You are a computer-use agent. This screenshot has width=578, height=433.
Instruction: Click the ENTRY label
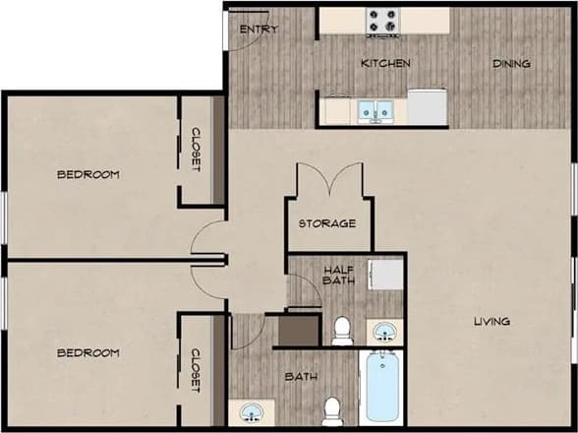coord(259,30)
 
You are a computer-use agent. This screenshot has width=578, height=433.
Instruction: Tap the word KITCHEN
coord(385,64)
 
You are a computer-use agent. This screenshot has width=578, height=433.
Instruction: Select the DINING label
coord(511,64)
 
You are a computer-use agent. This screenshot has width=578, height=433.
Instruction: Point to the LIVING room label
coord(491,322)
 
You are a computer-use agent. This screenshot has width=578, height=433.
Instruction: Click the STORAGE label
coord(327,223)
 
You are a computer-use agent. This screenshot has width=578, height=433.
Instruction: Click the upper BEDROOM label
coord(88,175)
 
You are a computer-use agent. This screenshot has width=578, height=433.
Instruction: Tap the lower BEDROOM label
coord(88,352)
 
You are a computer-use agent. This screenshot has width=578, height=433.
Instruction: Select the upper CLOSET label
coord(196,151)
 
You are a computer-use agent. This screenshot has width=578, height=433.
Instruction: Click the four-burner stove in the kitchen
coord(382,21)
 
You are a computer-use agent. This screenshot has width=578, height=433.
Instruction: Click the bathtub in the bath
coord(379,389)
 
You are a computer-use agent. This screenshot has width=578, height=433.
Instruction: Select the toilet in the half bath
coord(342,330)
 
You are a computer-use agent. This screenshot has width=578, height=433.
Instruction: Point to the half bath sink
coord(384,332)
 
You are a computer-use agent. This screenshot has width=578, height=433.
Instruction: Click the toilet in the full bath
coord(332,409)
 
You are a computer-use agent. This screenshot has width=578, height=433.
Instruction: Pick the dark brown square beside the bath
coord(299,327)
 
